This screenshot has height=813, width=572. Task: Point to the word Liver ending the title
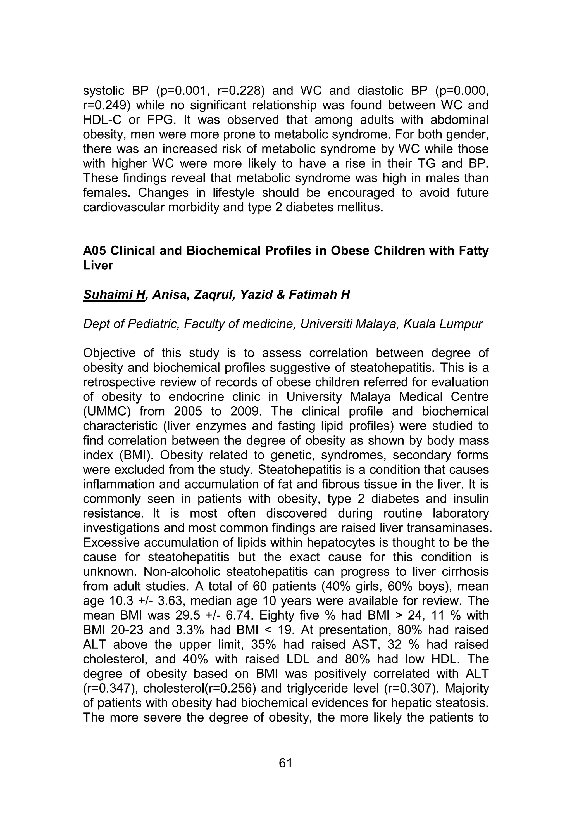[98, 265]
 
